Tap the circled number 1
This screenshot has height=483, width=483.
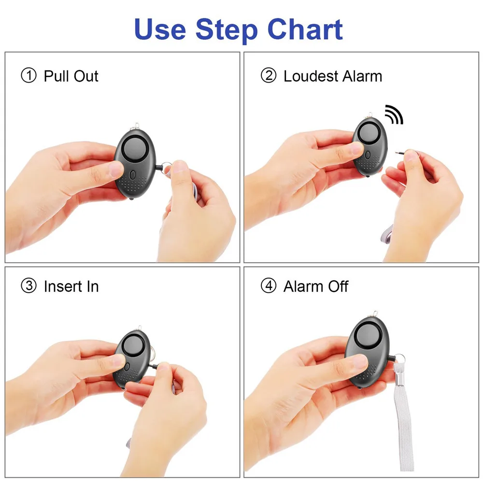(x=28, y=76)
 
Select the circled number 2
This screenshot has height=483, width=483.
(x=269, y=76)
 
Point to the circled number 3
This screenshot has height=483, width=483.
(x=28, y=286)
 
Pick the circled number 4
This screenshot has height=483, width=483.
(x=269, y=286)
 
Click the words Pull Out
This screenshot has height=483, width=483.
(x=71, y=76)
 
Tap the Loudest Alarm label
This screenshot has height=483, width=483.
(x=333, y=76)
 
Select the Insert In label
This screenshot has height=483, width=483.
(x=71, y=286)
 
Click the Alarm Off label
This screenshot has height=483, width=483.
(x=316, y=286)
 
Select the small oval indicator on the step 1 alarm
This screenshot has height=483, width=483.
(x=133, y=174)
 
